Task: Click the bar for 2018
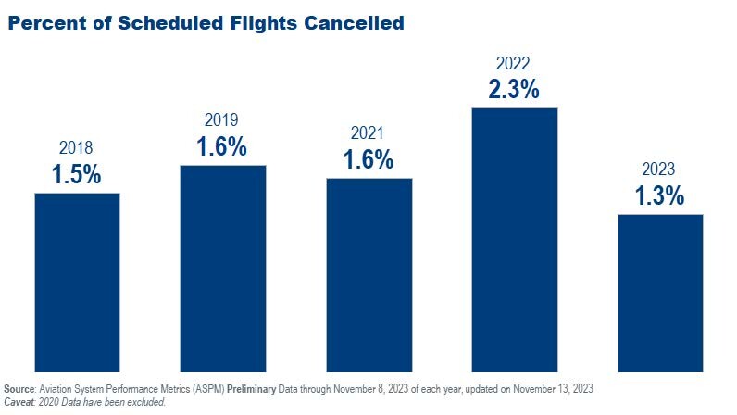coord(77,282)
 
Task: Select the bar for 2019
coord(222,268)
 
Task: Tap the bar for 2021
coord(368,274)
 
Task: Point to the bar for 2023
coord(660,292)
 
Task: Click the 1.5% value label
coord(76,174)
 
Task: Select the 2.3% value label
coord(514,90)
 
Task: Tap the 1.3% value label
coord(659,195)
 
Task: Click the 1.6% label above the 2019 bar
coord(221,146)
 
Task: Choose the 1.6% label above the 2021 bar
coord(368,159)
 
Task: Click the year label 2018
coord(76,148)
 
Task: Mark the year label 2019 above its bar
coord(221,120)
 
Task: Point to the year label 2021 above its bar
coord(368,134)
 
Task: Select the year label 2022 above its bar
coord(514,64)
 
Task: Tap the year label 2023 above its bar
coord(659,170)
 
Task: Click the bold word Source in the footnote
coord(20,388)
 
